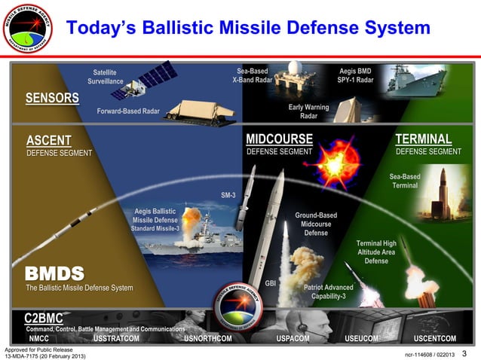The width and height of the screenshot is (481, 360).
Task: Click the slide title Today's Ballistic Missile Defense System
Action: [248, 28]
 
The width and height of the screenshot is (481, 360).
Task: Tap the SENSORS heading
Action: [52, 98]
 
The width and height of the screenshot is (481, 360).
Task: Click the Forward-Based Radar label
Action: [128, 111]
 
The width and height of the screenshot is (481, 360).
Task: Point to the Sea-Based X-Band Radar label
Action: [253, 75]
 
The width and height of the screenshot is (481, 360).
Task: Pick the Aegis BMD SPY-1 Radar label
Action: [355, 75]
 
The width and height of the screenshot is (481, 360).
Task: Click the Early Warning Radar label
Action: [308, 111]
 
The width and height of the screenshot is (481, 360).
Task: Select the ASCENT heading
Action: [48, 140]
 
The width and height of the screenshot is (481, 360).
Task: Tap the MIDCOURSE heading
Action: [279, 139]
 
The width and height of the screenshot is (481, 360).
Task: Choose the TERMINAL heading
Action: [423, 139]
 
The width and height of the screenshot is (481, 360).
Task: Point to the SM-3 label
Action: [228, 195]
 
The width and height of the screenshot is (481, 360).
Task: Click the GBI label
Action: [270, 283]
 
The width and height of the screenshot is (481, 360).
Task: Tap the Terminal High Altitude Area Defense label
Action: [376, 252]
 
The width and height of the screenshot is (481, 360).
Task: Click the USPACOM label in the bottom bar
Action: [293, 339]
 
